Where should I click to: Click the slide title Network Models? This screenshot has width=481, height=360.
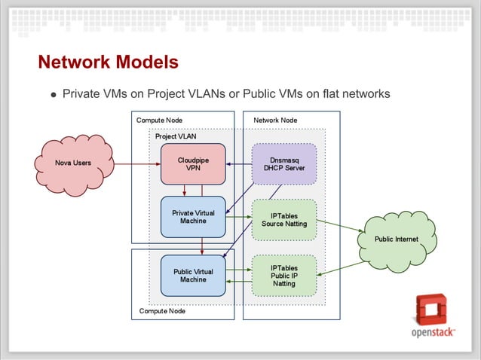tap(108, 61)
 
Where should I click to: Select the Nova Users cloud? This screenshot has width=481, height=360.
tap(73, 163)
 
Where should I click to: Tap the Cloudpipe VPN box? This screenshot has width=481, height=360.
tap(193, 164)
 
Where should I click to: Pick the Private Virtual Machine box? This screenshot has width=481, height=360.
tap(193, 217)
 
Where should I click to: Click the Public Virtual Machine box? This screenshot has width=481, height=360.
tap(193, 276)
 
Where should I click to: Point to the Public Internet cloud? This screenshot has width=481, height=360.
tap(397, 239)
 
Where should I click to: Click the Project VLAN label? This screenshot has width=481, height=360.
tap(176, 136)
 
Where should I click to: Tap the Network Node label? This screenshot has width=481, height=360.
tap(275, 120)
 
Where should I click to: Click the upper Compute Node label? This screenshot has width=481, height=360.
tap(159, 120)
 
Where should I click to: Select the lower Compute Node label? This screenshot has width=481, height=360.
tap(162, 310)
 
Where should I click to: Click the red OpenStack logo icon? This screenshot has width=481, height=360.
tap(432, 310)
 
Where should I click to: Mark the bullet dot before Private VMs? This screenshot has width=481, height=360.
tap(53, 96)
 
